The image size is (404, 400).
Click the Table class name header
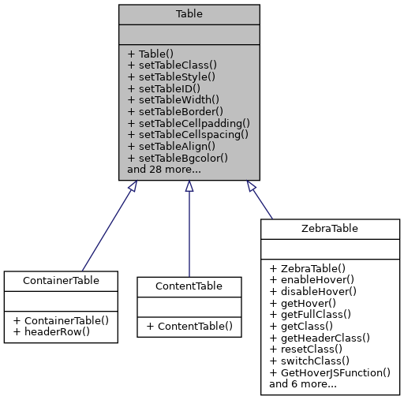189,14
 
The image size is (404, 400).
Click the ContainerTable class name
61,280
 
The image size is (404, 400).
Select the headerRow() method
49,331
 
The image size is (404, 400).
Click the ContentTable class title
189,286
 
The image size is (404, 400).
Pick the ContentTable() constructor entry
189,325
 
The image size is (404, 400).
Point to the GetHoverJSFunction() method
330,372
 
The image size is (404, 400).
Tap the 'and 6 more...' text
303,384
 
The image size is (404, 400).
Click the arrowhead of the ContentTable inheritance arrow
189,187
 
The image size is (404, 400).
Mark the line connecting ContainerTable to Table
107,229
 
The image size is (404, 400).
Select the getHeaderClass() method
320,338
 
